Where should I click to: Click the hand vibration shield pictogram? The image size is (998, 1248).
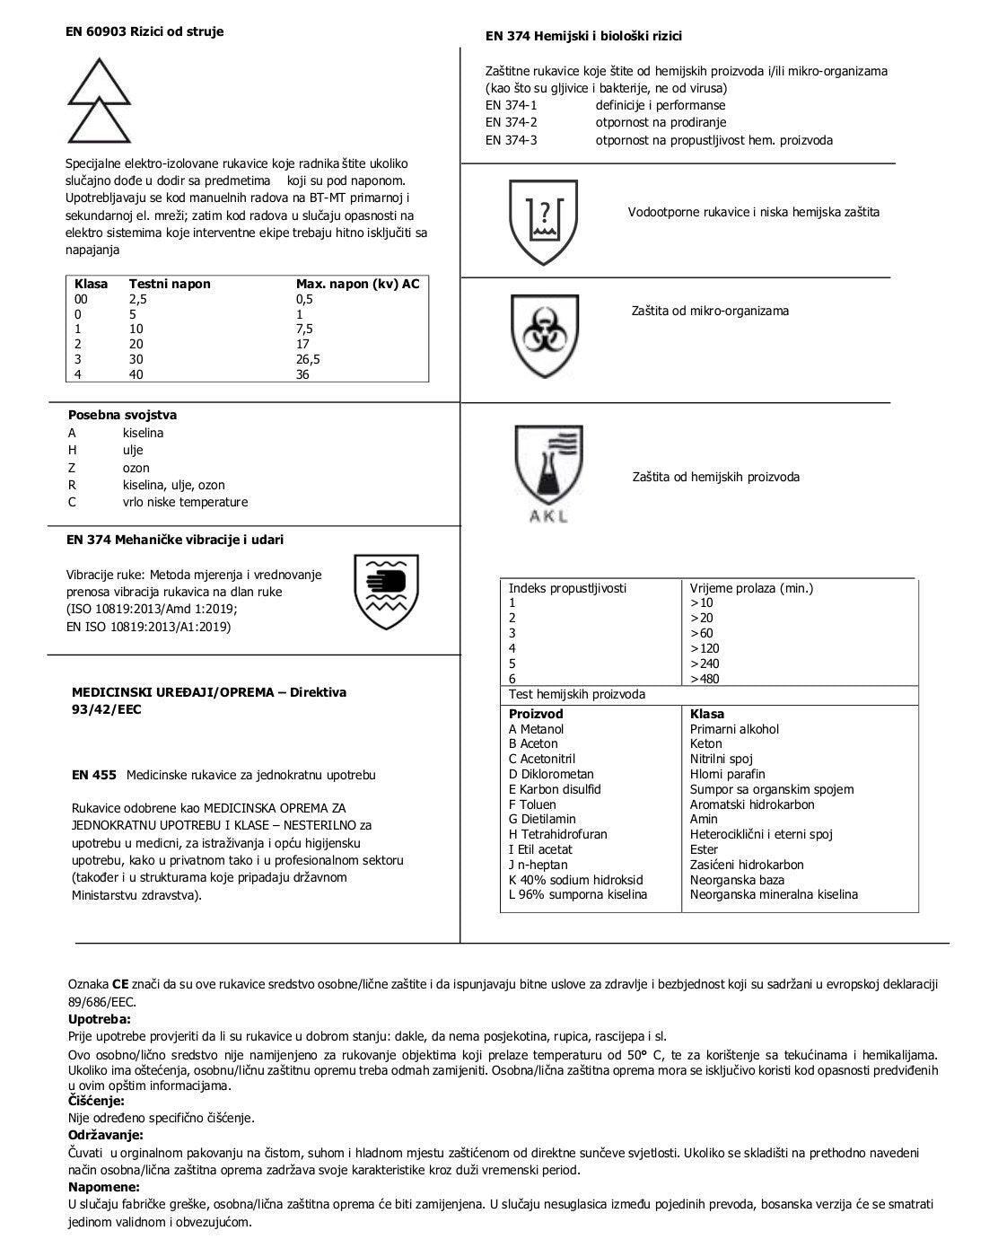pyautogui.click(x=387, y=591)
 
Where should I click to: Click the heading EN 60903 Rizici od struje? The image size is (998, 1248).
pyautogui.click(x=145, y=31)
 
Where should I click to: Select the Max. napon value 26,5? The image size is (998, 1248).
pyautogui.click(x=308, y=359)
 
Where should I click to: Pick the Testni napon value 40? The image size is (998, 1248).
pyautogui.click(x=136, y=374)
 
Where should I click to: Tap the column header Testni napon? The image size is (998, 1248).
pyautogui.click(x=170, y=284)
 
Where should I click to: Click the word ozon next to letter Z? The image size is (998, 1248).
pyautogui.click(x=136, y=468)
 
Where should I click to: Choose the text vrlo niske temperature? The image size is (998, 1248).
pyautogui.click(x=185, y=502)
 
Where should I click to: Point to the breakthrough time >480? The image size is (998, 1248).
pyautogui.click(x=705, y=679)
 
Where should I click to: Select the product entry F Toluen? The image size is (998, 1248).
pyautogui.click(x=532, y=804)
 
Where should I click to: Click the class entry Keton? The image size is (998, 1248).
pyautogui.click(x=705, y=743)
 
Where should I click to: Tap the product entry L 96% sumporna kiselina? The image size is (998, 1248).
pyautogui.click(x=577, y=894)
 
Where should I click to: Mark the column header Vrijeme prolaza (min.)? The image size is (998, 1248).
pyautogui.click(x=751, y=588)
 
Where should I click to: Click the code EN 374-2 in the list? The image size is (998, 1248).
pyautogui.click(x=511, y=122)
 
